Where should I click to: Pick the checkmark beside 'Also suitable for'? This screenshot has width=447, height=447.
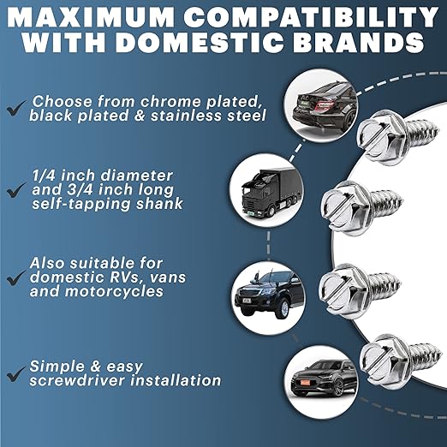tap(15, 278)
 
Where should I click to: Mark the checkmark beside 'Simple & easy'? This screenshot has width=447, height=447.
tap(15, 372)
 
